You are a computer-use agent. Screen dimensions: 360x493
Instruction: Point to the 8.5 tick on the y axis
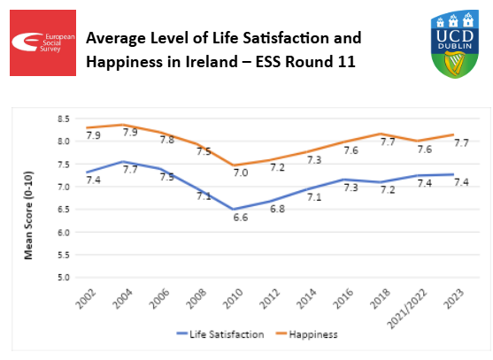click(62, 118)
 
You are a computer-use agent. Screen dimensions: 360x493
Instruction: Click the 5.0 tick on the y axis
click(62, 278)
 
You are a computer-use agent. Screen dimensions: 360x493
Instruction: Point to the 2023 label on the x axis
click(451, 299)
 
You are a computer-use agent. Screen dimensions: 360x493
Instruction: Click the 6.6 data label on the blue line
click(240, 217)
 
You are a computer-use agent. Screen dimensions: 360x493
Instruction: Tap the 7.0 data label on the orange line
click(240, 173)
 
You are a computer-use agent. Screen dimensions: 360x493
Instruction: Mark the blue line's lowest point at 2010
click(233, 210)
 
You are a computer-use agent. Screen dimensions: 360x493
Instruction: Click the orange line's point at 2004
click(122, 125)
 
